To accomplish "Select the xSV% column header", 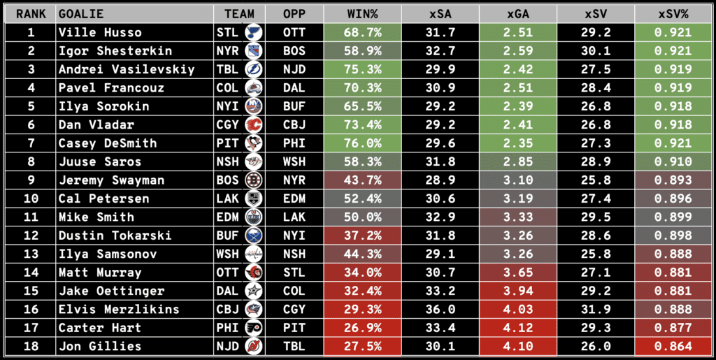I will (x=675, y=14).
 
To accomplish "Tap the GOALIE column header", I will (x=81, y=14).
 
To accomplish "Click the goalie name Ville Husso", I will (x=101, y=32).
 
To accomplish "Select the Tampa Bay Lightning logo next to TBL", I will (x=253, y=69).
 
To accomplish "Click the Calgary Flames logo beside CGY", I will (x=253, y=125).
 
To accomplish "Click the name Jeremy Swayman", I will (x=112, y=180).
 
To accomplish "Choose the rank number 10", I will (x=30, y=199).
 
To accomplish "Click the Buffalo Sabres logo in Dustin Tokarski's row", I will (x=253, y=236).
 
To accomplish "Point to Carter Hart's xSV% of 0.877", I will (x=675, y=328).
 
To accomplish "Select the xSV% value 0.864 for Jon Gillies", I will (x=675, y=346).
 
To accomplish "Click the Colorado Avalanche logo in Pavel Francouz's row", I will (x=253, y=88).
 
